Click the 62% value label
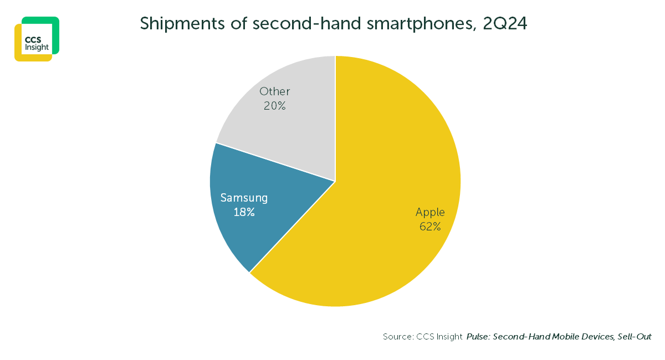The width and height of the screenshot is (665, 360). tap(430, 226)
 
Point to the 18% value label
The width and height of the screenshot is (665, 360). tap(244, 212)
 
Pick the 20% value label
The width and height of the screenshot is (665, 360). tap(275, 106)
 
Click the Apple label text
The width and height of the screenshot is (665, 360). tap(430, 212)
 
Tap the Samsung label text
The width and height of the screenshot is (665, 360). tap(244, 198)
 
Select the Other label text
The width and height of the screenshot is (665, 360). tap(275, 91)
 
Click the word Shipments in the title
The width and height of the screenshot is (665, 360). tap(175, 24)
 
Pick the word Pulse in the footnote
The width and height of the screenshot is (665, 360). tap(478, 337)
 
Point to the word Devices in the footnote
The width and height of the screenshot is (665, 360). tap(594, 337)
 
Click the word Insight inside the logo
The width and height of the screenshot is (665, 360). tap(37, 47)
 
